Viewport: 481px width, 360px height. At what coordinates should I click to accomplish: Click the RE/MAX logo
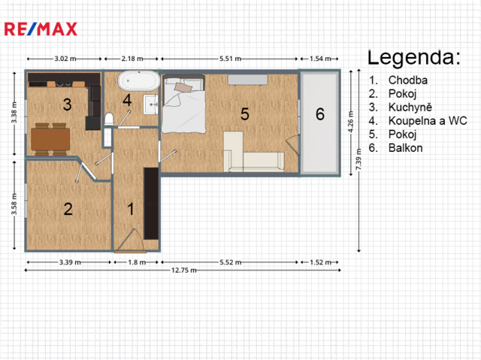pos(41,29)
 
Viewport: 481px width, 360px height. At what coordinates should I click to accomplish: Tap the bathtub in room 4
pos(138,81)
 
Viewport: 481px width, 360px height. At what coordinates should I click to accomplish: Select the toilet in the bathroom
pos(109,119)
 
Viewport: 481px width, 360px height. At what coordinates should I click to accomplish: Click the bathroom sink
pos(150,104)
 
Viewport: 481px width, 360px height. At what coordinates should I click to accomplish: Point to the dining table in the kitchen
pos(50,139)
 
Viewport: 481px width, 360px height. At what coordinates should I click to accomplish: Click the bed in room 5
pos(183,104)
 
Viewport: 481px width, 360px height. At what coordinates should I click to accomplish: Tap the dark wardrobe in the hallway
pos(151,204)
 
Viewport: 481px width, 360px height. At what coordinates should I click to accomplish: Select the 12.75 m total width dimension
pos(183,270)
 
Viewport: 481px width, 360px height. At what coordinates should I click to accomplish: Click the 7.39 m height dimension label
pos(358,159)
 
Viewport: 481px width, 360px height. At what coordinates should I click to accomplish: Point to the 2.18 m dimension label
pos(132,59)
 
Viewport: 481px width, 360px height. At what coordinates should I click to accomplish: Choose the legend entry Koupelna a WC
pos(428,121)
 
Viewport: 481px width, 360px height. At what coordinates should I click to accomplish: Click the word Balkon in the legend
pos(406,148)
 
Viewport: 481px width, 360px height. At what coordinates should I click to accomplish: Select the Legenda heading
pos(414,57)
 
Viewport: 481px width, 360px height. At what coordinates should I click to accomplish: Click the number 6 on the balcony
pos(320,114)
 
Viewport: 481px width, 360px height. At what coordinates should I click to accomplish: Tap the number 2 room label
pos(68,209)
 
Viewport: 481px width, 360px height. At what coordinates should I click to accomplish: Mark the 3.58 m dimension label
pos(14,204)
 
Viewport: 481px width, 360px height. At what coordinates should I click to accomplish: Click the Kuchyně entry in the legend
pos(410,107)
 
